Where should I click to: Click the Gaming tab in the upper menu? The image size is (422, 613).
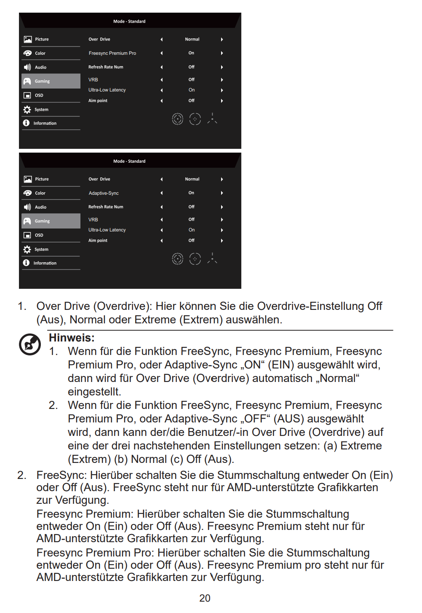(x=42, y=81)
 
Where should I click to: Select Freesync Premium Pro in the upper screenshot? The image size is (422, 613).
(x=112, y=53)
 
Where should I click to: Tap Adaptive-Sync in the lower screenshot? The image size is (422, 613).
(x=104, y=193)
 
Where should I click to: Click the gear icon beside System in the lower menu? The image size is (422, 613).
(x=27, y=250)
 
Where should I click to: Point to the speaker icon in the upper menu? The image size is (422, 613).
(x=27, y=67)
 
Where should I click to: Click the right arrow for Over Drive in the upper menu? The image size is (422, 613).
(x=222, y=39)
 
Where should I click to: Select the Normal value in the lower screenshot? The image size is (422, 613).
(x=192, y=179)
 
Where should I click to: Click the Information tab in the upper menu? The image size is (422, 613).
(x=45, y=123)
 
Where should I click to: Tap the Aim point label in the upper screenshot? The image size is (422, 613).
(x=98, y=101)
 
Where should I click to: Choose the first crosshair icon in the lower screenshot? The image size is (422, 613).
(x=178, y=258)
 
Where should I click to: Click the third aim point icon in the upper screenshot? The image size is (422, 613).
(x=212, y=118)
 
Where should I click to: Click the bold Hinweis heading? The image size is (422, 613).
(x=72, y=338)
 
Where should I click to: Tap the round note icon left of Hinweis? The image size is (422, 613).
(x=30, y=344)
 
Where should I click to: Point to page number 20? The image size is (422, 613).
(x=205, y=598)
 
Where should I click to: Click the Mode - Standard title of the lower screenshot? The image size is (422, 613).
(x=129, y=161)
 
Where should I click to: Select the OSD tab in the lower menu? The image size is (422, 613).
(x=39, y=235)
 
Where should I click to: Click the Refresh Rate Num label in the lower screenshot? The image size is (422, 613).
(x=106, y=207)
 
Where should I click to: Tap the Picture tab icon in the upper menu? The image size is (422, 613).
(x=28, y=39)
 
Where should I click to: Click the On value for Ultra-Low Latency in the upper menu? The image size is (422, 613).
(x=192, y=90)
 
